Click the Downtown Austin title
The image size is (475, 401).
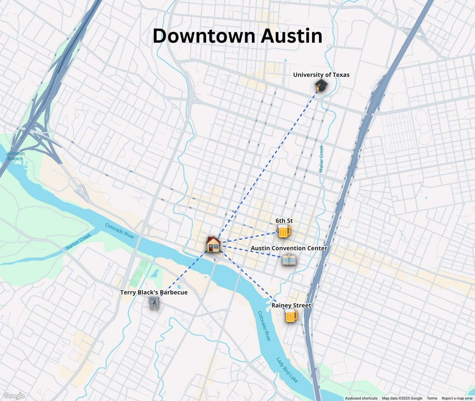pyautogui.click(x=237, y=36)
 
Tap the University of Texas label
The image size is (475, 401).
pyautogui.click(x=321, y=75)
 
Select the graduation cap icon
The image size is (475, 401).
pyautogui.click(x=321, y=86)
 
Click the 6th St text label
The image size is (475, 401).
pyautogui.click(x=284, y=221)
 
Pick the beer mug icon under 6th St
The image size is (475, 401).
pyautogui.click(x=284, y=232)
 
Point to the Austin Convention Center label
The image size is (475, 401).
pyautogui.click(x=289, y=248)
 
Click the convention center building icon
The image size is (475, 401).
pyautogui.click(x=289, y=260)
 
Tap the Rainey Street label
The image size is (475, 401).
pyautogui.click(x=291, y=305)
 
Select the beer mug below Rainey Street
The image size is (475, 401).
pyautogui.click(x=291, y=316)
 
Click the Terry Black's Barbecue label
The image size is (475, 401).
pyautogui.click(x=154, y=292)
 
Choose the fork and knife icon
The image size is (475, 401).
pyautogui.click(x=154, y=303)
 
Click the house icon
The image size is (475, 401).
pyautogui.click(x=213, y=244)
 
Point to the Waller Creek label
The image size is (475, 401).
pyautogui.click(x=321, y=159)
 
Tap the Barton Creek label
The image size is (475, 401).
pyautogui.click(x=78, y=242)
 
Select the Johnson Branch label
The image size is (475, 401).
pyautogui.click(x=15, y=156)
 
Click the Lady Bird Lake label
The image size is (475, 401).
pyautogui.click(x=286, y=370)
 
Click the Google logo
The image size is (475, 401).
pyautogui.click(x=14, y=396)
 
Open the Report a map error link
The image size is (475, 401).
pyautogui.click(x=457, y=398)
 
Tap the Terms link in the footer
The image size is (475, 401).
pyautogui.click(x=432, y=398)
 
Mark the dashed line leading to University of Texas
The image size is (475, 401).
pyautogui.click(x=267, y=163)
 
